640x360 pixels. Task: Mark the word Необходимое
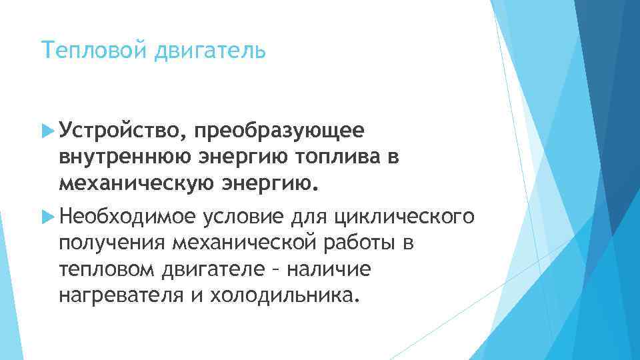[127, 216]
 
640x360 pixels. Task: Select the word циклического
[403, 216]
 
